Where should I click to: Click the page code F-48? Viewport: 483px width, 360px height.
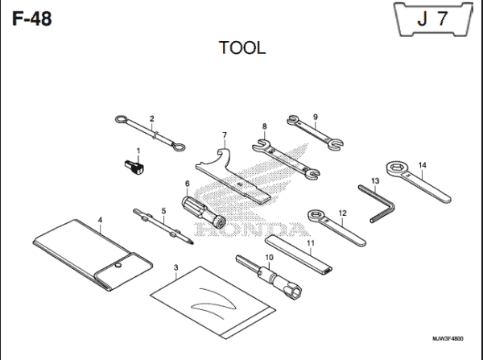tap(32, 18)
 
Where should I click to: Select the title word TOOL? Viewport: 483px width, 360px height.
tap(242, 48)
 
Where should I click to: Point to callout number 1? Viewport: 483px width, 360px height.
tap(138, 151)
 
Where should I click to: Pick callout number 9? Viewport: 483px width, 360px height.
tap(316, 116)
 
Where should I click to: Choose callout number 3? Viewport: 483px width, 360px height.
tap(175, 267)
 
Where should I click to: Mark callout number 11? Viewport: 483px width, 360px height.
tap(310, 242)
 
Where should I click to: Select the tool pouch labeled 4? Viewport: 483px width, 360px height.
tap(89, 250)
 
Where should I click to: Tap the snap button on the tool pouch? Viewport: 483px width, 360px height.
tap(118, 263)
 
